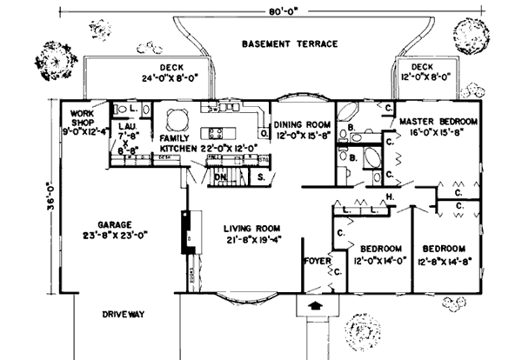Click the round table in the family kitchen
[177, 118]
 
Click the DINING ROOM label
[300, 124]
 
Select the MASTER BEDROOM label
[438, 121]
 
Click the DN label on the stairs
[221, 177]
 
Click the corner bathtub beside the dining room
[345, 114]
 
